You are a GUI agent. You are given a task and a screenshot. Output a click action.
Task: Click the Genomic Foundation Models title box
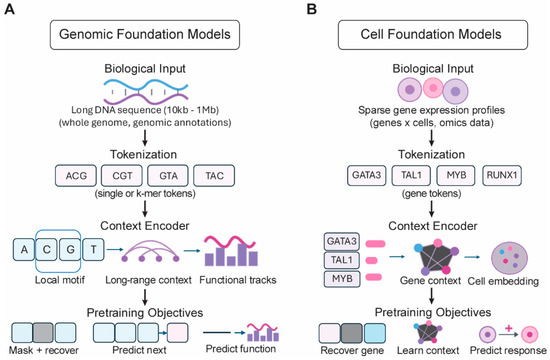click(145, 34)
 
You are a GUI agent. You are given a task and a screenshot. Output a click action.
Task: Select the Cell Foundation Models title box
click(433, 34)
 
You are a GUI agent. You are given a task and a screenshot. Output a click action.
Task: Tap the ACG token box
click(76, 175)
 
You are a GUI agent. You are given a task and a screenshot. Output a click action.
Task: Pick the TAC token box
click(214, 175)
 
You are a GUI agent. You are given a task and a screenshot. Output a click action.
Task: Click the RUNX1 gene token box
click(502, 175)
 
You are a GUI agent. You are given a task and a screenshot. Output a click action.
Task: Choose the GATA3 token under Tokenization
click(367, 175)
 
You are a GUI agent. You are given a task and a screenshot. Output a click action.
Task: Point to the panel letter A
click(9, 9)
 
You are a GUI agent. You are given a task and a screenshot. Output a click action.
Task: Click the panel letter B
click(311, 9)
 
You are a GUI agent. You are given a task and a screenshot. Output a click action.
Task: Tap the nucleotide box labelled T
click(93, 249)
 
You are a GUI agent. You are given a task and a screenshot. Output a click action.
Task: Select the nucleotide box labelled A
click(24, 249)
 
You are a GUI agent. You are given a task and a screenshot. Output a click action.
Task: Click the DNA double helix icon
click(146, 92)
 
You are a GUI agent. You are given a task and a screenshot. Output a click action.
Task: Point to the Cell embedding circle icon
click(510, 258)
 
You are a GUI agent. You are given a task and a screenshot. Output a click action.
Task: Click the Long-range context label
click(148, 280)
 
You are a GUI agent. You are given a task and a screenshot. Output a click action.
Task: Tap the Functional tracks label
click(238, 280)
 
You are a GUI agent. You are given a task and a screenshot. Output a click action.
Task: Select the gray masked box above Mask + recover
click(43, 333)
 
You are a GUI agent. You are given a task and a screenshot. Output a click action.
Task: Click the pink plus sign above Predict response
click(508, 328)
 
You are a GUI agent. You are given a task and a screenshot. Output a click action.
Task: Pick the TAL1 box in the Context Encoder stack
click(342, 260)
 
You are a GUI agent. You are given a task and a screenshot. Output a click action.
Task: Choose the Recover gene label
click(352, 351)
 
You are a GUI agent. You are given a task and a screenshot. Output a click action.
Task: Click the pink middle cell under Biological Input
click(433, 88)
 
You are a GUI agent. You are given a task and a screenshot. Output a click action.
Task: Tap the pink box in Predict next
click(177, 333)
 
